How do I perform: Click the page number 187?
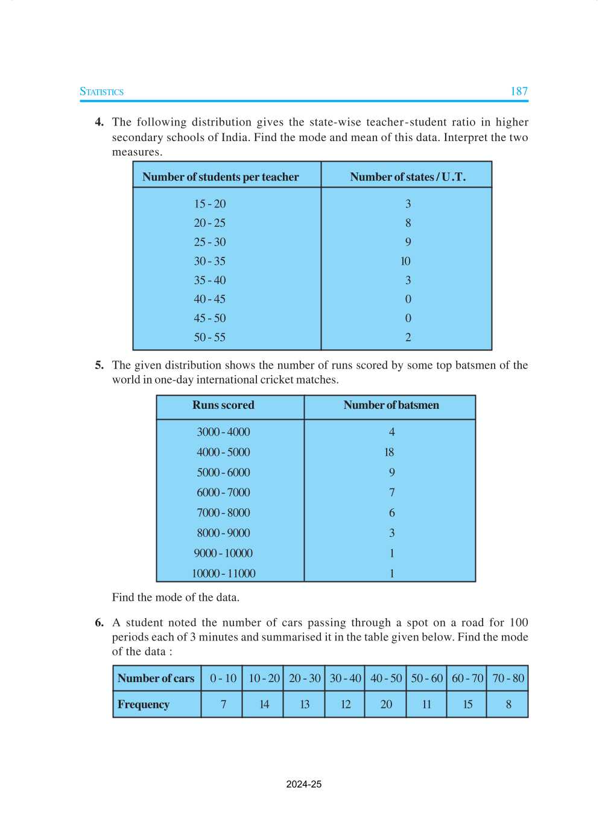click(x=519, y=92)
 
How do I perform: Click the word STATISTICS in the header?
click(x=101, y=92)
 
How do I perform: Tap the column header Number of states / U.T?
click(x=408, y=177)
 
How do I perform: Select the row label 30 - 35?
click(x=209, y=261)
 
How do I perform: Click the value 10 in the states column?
click(x=405, y=261)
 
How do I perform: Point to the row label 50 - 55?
click(x=209, y=337)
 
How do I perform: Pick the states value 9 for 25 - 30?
click(x=408, y=242)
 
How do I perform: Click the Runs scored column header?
click(x=223, y=405)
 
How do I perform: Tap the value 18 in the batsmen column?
click(x=389, y=452)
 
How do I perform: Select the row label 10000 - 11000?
click(x=223, y=574)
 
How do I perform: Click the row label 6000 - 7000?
click(x=223, y=493)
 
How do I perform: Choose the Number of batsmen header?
click(x=391, y=405)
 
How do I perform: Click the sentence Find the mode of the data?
click(x=176, y=597)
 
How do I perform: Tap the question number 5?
click(x=99, y=365)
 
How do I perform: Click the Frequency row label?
click(x=144, y=704)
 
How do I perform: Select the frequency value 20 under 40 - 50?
click(x=386, y=704)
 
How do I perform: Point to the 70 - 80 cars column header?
click(x=508, y=678)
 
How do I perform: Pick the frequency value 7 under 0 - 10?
click(x=223, y=704)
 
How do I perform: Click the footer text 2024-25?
click(x=304, y=784)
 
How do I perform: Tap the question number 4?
click(x=99, y=122)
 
